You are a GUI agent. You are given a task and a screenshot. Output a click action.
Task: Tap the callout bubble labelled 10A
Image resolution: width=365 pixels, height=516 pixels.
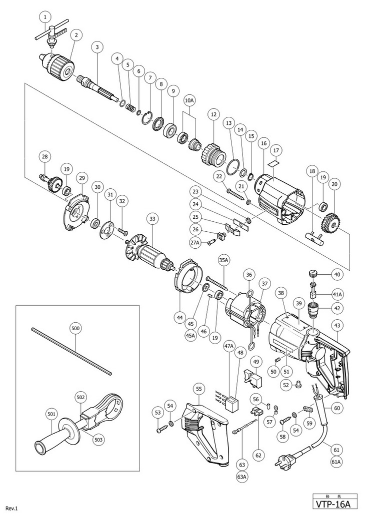(x=189, y=101)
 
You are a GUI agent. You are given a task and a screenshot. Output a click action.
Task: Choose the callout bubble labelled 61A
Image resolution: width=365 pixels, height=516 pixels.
(x=335, y=462)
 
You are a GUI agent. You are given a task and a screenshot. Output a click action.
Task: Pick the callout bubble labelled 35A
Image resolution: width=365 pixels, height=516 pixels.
(x=223, y=260)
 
